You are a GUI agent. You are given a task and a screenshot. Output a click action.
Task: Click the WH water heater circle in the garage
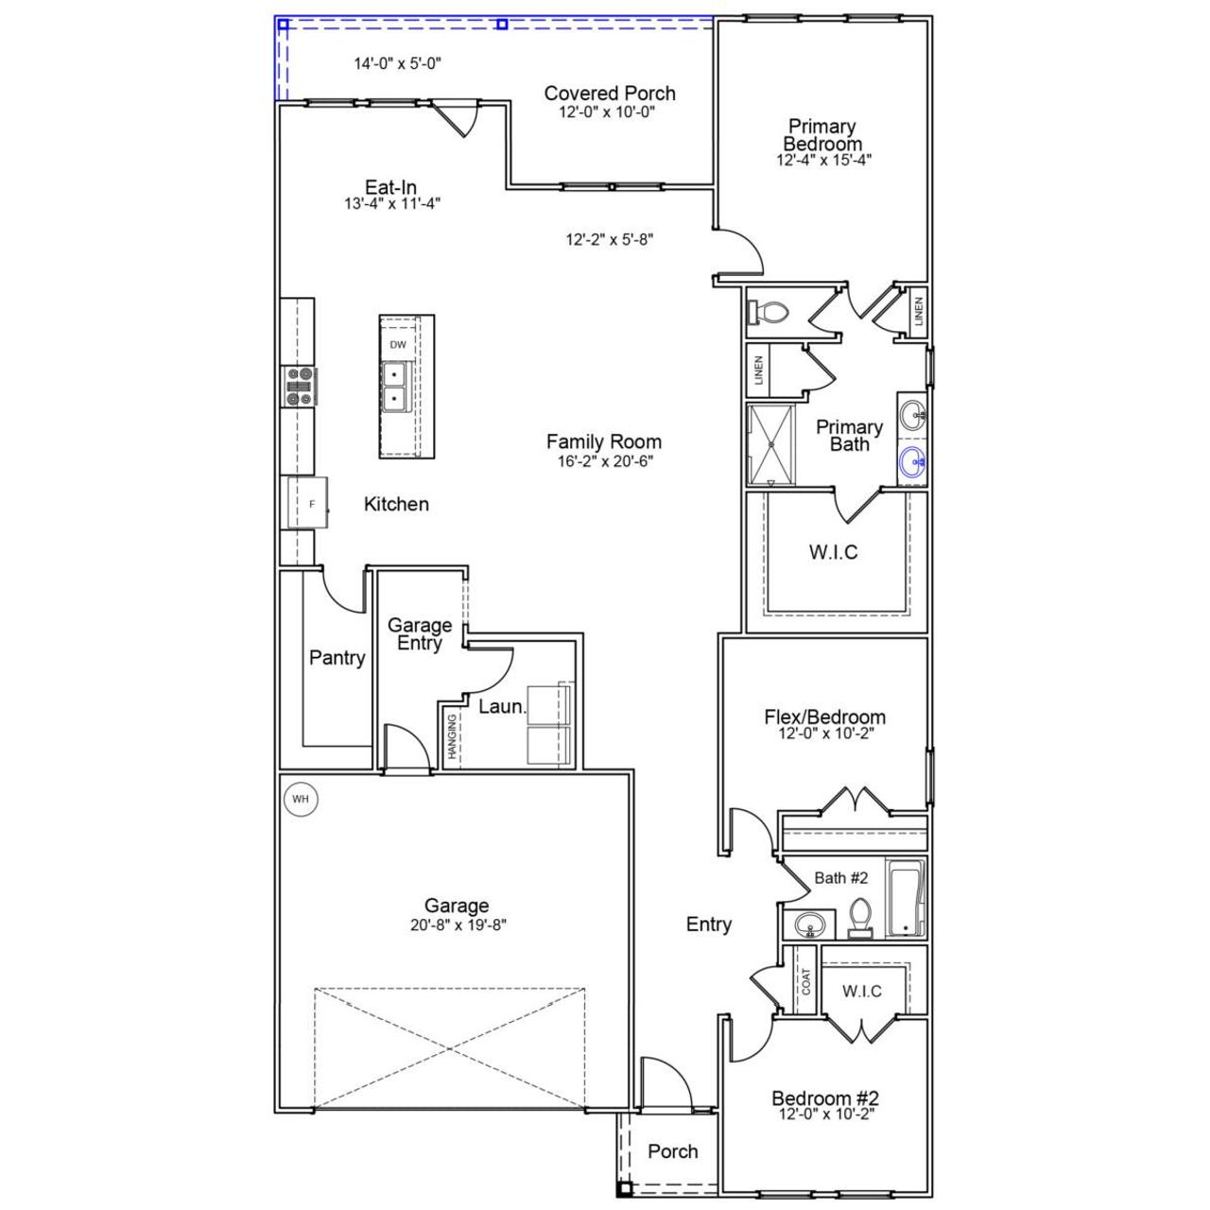coord(301,800)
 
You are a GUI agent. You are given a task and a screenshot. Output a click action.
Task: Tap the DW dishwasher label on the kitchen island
coord(398,345)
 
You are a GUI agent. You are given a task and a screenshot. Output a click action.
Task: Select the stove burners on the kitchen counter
coord(300,387)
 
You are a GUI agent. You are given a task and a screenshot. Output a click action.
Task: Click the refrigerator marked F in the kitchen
coord(309,505)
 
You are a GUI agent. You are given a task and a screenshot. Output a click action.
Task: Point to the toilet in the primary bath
coord(768,312)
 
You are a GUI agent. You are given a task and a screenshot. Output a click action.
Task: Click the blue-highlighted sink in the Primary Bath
coord(912,463)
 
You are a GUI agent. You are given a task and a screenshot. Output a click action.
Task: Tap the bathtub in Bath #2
coord(905,898)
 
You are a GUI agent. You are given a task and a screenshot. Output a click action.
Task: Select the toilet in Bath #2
coord(859,917)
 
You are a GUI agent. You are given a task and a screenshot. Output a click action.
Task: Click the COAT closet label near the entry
coord(805,981)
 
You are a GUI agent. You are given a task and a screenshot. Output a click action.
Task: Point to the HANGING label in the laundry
coord(453,736)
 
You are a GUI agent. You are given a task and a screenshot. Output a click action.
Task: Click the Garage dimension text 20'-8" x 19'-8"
coord(458,925)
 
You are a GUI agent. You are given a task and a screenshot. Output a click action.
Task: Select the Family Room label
coord(603,441)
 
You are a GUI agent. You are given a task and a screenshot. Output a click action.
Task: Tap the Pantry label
coord(337,658)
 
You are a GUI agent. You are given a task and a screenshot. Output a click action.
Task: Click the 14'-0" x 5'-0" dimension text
coord(398,64)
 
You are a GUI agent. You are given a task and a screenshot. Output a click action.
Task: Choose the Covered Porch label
coord(610,94)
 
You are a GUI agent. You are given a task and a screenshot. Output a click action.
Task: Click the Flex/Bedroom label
coord(824,717)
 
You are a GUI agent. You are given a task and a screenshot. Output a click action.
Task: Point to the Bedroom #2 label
coord(824,1098)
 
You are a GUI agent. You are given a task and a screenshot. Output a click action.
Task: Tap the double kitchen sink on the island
coord(395,388)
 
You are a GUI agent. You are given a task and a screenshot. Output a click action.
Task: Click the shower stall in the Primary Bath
coord(771,445)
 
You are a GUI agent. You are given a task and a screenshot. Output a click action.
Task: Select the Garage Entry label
coord(420,634)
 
